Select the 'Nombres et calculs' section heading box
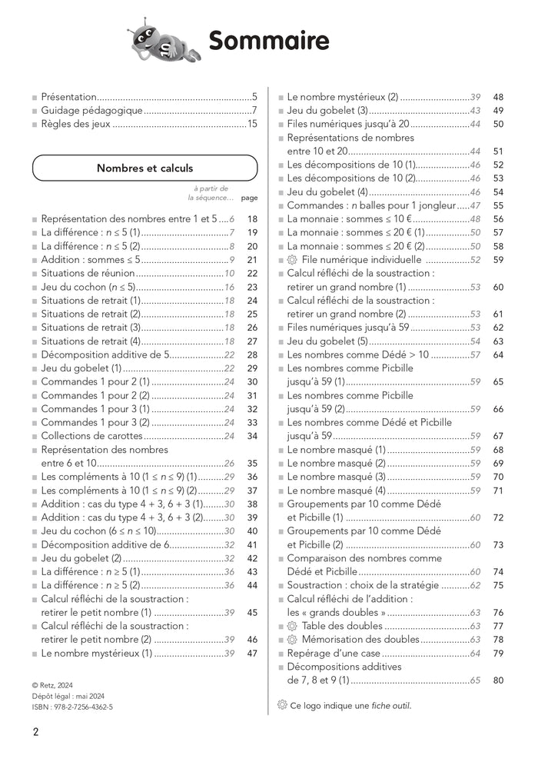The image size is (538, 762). point(144,168)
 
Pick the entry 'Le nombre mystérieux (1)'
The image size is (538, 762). point(96,654)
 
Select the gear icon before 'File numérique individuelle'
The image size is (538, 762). point(292,260)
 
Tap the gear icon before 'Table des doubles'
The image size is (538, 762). point(292,626)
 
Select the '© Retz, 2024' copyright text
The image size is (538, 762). point(58,684)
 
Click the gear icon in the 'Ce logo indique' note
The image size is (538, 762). point(281,705)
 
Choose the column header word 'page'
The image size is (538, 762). point(249,198)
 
